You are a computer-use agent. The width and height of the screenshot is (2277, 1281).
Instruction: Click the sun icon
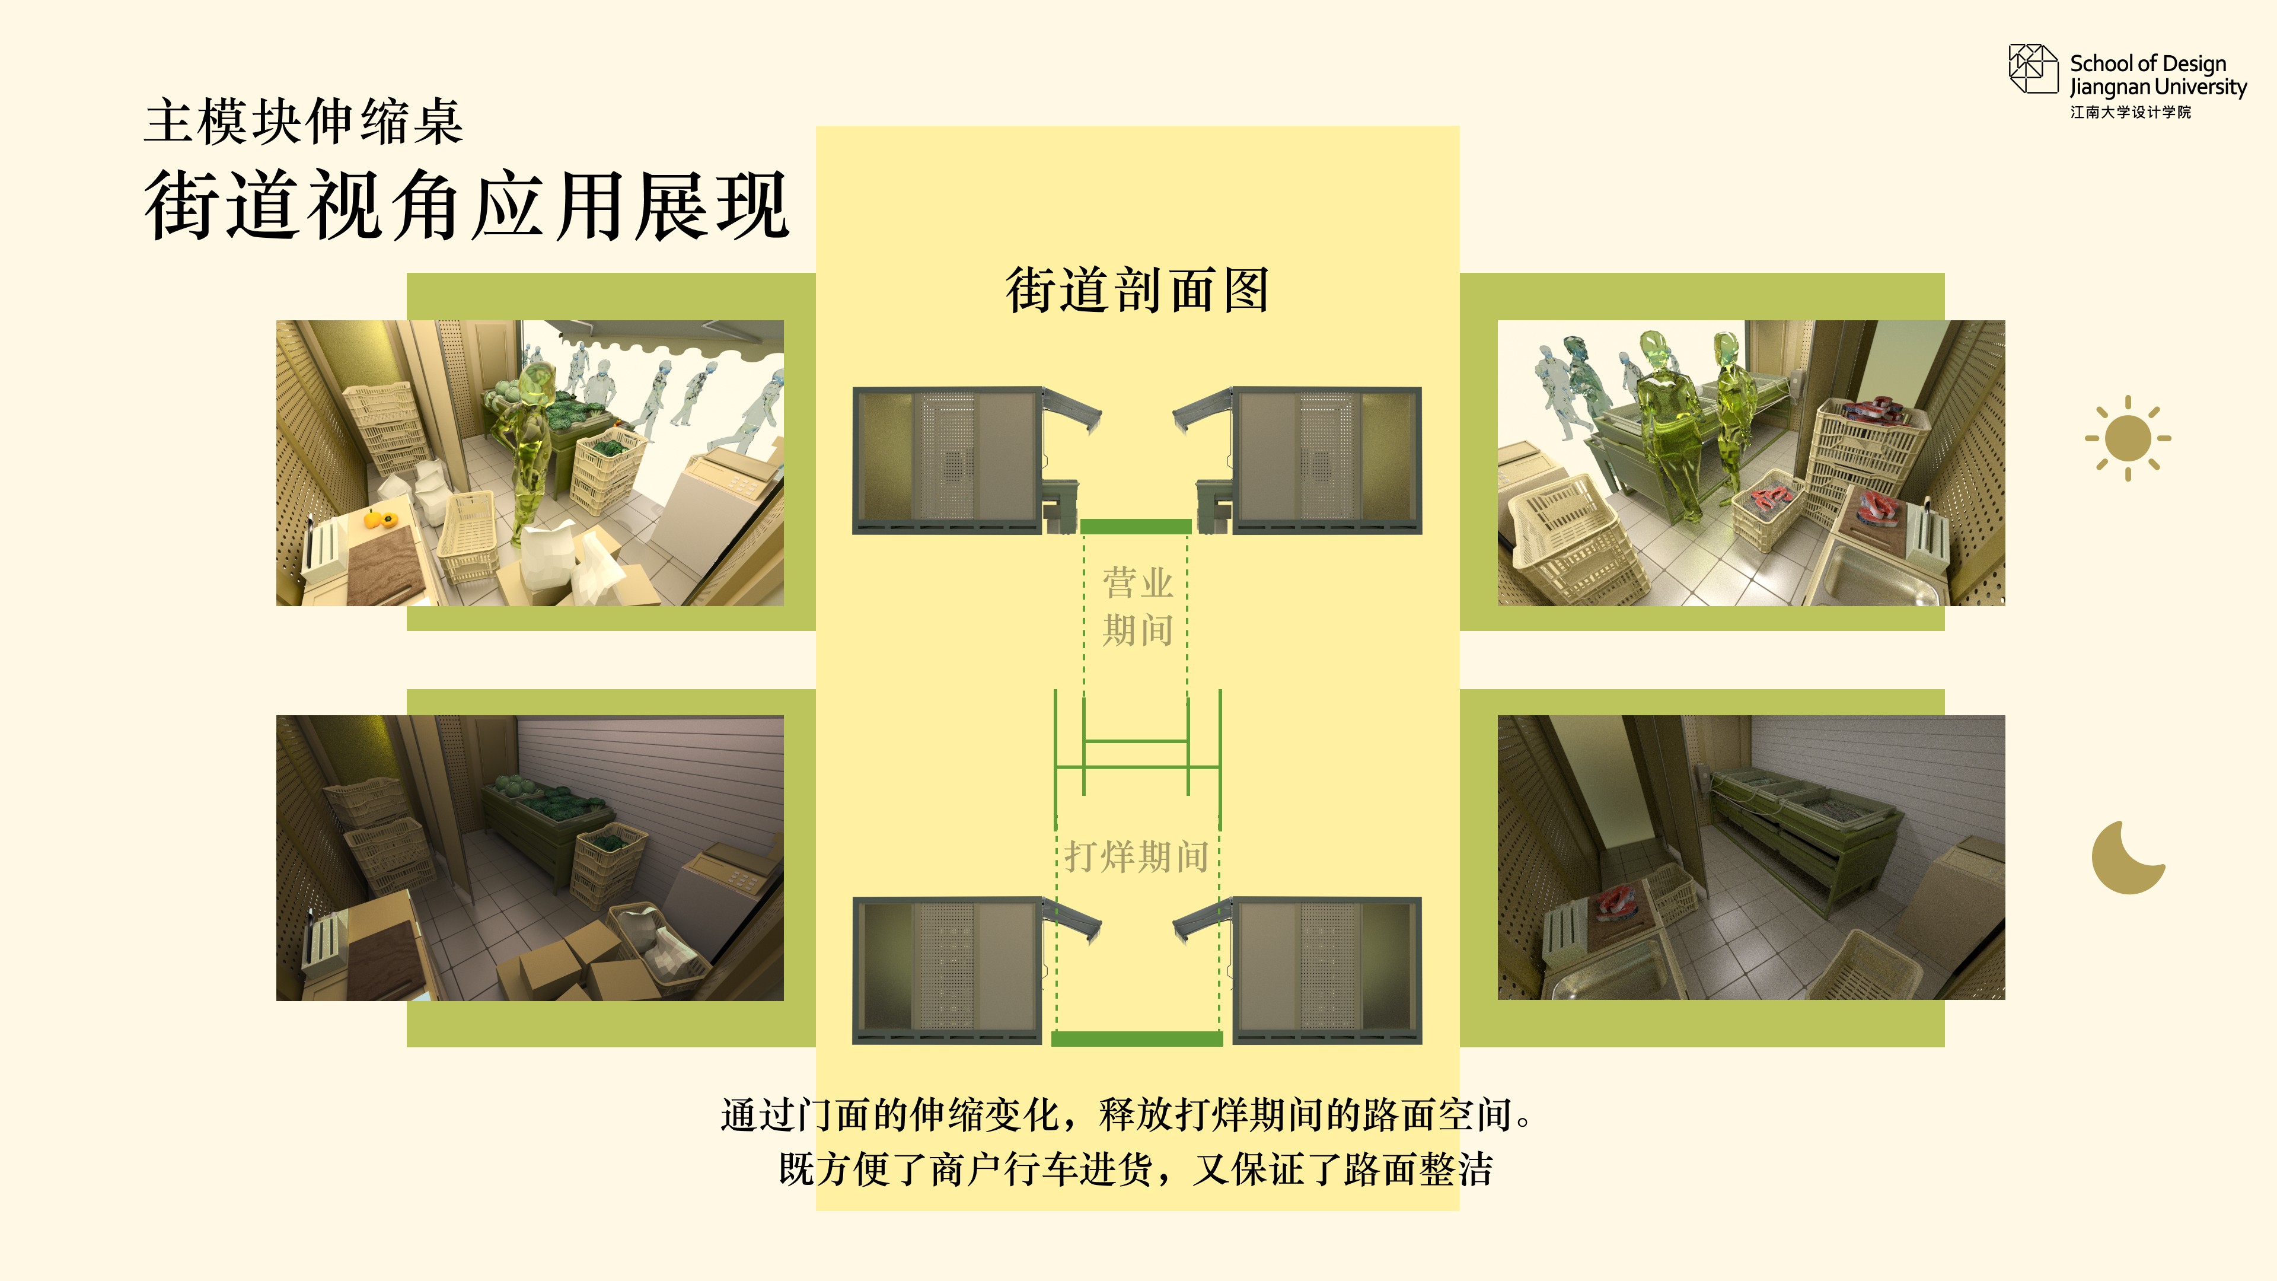2128,438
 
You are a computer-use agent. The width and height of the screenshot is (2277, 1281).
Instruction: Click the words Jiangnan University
2158,87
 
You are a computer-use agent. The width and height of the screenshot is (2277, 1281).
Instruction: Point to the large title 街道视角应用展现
466,205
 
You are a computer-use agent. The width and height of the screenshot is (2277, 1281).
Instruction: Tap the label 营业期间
1138,607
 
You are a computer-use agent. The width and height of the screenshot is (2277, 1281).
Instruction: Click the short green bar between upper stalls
1136,527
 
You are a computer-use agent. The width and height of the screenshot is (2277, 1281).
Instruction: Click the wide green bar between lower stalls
1137,1039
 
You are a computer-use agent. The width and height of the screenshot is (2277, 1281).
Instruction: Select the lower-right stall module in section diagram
1297,971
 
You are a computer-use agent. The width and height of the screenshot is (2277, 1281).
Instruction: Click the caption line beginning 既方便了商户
1136,1169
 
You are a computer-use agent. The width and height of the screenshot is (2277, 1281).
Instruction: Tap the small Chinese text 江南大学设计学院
2131,112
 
